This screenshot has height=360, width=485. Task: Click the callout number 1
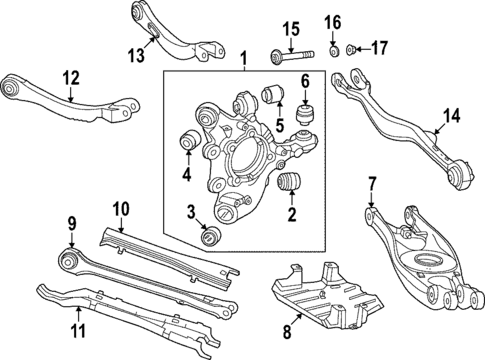tap(241, 62)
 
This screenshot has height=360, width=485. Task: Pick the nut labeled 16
tap(333, 50)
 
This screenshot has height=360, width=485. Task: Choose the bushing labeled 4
tap(187, 145)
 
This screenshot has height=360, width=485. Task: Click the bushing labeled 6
tap(307, 107)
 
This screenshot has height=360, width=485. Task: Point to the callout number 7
tap(371, 183)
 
